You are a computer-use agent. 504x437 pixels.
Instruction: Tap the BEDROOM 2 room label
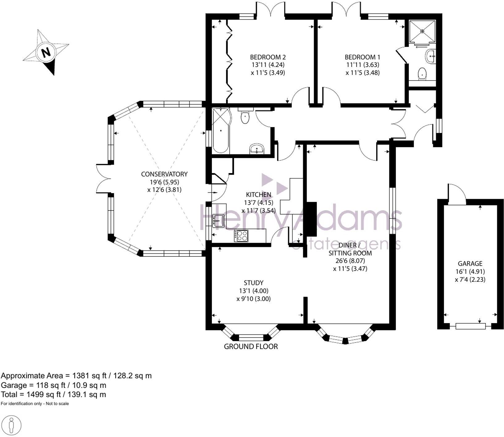tap(267, 57)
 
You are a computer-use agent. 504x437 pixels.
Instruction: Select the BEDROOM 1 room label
tap(362, 57)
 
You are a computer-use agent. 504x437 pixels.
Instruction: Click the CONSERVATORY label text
tap(164, 174)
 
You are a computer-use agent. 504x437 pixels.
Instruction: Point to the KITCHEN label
tap(258, 195)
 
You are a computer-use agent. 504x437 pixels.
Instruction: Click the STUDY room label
tap(253, 283)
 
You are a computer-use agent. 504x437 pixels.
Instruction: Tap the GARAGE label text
tap(470, 264)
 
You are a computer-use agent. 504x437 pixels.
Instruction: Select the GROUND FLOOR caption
tap(250, 347)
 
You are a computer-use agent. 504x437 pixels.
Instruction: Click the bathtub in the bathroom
tap(221, 130)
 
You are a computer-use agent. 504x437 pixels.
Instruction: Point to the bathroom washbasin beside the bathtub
tap(256, 149)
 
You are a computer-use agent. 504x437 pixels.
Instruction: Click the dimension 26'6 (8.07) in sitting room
tap(350, 261)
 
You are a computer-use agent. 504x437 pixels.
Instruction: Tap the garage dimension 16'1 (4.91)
tap(470, 272)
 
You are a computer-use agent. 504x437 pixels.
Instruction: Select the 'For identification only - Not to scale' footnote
tap(35, 404)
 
